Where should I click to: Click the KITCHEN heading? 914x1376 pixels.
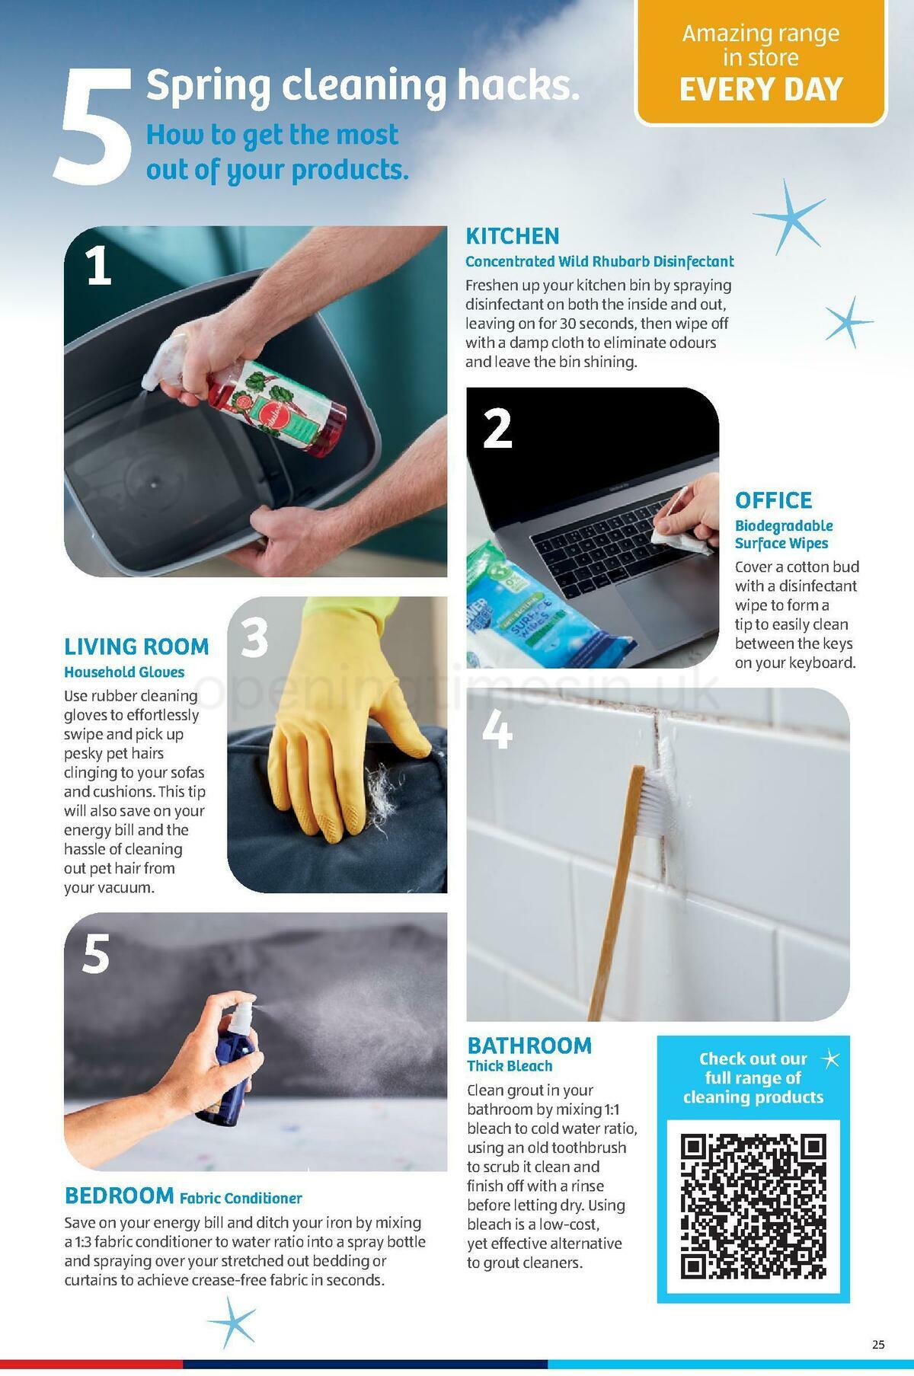tap(513, 236)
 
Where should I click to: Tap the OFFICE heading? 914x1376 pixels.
tap(774, 500)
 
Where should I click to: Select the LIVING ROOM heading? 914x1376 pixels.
tap(136, 646)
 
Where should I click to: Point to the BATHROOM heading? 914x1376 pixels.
tap(529, 1046)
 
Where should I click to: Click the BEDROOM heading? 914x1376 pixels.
tap(120, 1196)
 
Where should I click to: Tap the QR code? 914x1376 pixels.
tap(753, 1207)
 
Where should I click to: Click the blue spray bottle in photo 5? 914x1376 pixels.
tap(221, 1066)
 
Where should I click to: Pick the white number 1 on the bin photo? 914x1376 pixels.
tap(100, 267)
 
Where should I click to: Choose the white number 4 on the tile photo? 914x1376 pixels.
tap(497, 730)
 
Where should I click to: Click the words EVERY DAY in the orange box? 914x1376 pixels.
tap(761, 90)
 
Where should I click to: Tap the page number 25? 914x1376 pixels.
tap(878, 1345)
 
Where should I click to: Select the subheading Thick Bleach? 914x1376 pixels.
tap(510, 1066)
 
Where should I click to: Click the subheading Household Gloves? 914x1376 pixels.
tap(124, 672)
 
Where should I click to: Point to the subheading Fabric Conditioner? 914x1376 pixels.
tap(241, 1198)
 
